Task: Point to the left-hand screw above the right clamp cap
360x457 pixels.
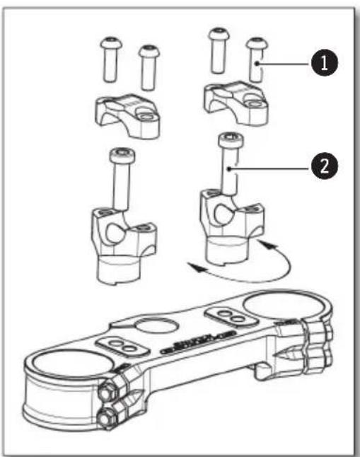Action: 218,53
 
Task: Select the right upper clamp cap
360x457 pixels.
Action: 236,99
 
